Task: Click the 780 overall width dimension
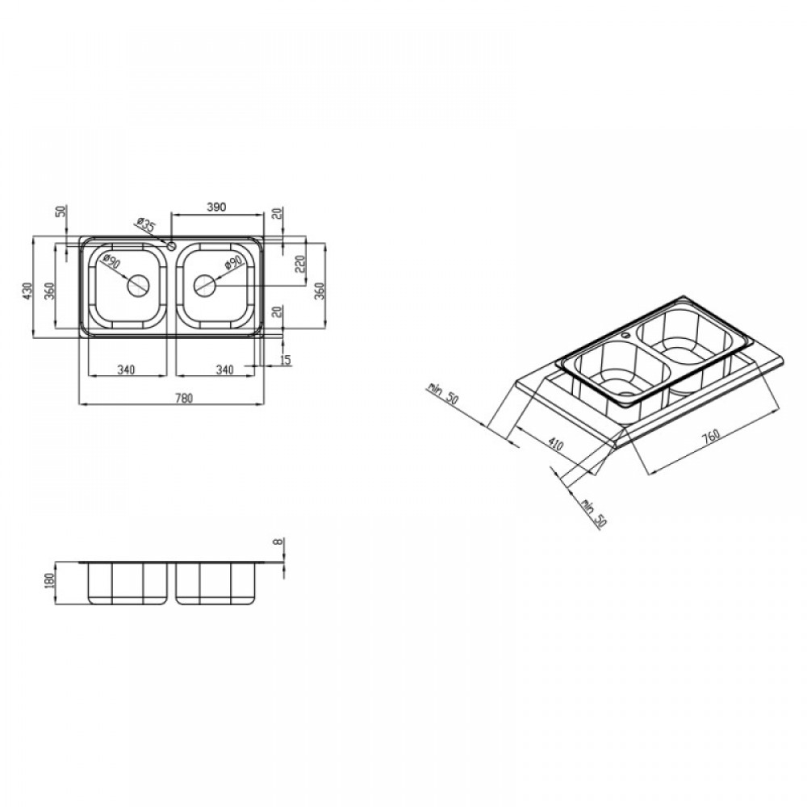coord(185,398)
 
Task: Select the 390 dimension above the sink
coord(216,207)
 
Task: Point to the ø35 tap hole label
coord(146,224)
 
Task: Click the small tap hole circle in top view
coord(171,246)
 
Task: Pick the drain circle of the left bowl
coord(139,286)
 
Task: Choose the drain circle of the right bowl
coord(205,286)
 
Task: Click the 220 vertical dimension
coord(302,264)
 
